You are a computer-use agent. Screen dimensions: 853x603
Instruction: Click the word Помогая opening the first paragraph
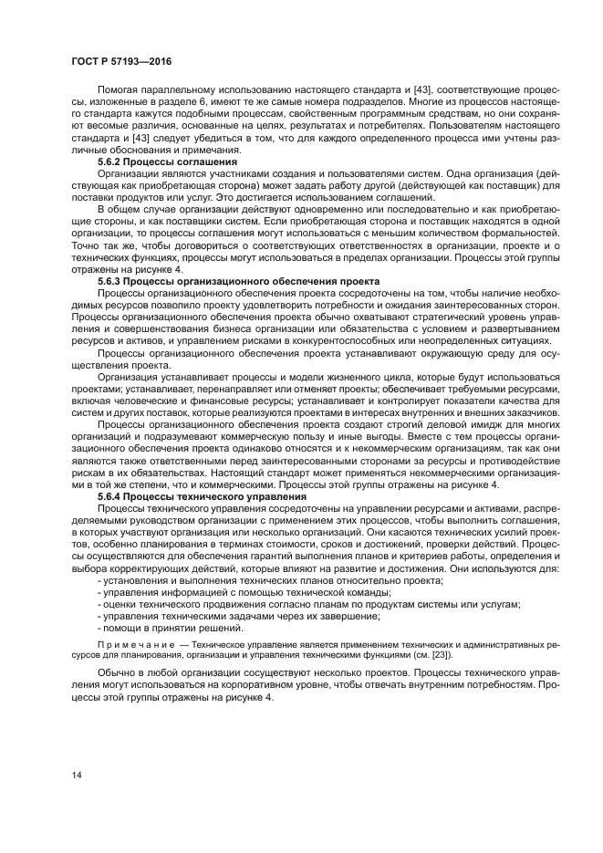120,89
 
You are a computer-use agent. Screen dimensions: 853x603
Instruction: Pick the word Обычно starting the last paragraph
117,673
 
